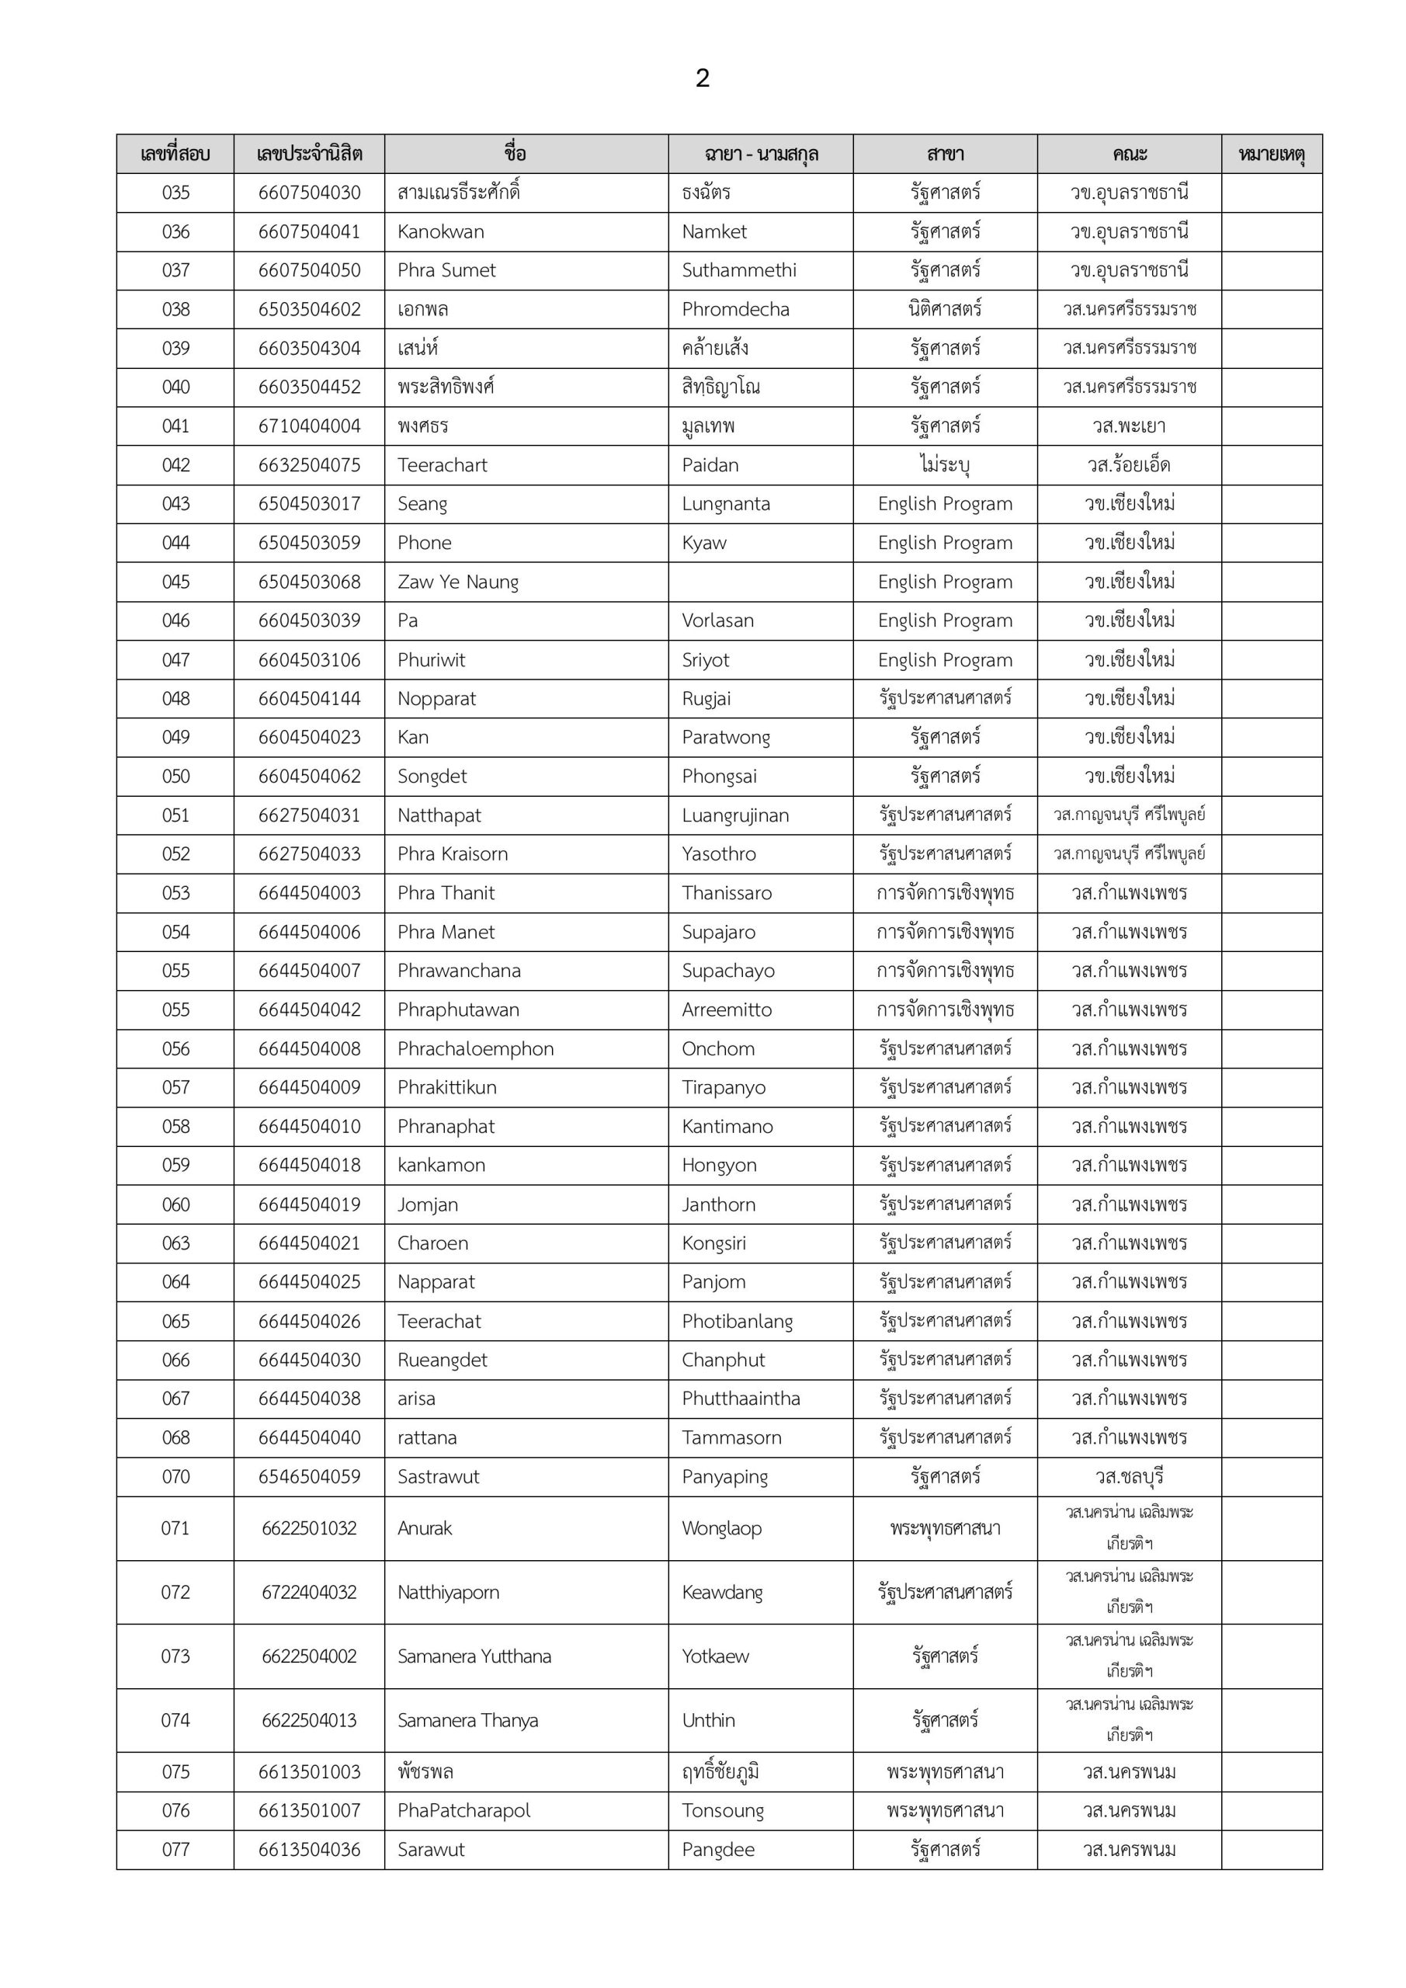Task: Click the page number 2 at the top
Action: pos(702,78)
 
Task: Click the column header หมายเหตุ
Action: pos(1271,154)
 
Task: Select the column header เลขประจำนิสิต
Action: pos(309,154)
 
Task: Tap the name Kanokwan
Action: pos(441,232)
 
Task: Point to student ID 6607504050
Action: pos(309,270)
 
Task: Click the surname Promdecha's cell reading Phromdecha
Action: pos(735,309)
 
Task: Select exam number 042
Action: pos(175,465)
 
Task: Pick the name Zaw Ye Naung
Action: pos(458,582)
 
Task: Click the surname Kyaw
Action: pos(704,543)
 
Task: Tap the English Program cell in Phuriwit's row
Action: pos(945,660)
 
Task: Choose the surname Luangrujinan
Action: pos(735,815)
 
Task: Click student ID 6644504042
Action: pos(309,1010)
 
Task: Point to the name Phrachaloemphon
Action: pos(475,1048)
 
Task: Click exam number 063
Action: pos(175,1243)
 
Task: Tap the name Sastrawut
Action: pos(438,1477)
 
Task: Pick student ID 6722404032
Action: pos(309,1592)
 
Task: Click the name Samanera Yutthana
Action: pos(474,1656)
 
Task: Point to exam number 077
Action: pos(175,1850)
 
